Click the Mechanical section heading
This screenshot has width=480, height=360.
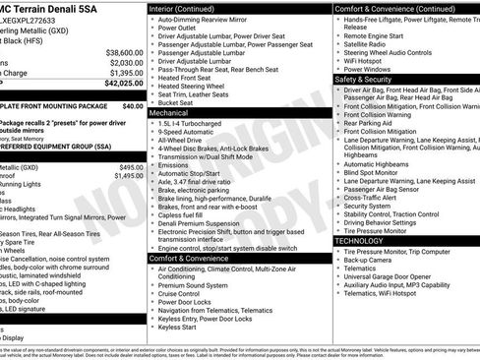pos(169,113)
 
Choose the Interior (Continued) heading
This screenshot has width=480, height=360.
pos(190,8)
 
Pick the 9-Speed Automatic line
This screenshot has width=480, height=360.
pos(193,134)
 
